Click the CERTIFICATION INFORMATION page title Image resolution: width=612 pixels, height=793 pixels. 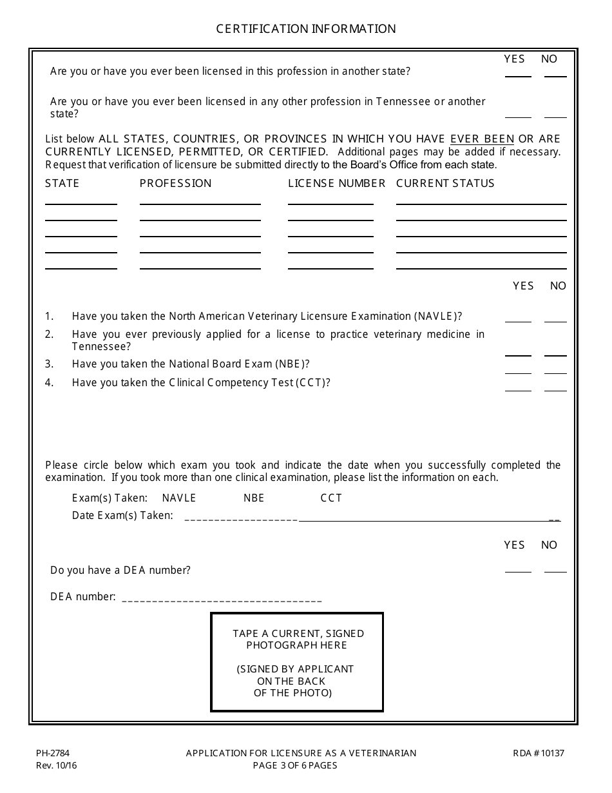point(305,29)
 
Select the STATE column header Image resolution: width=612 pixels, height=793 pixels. point(62,183)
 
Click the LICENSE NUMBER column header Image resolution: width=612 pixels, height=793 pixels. point(336,183)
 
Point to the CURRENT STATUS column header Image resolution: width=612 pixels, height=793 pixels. point(445,183)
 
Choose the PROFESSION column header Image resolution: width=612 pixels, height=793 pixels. point(175,183)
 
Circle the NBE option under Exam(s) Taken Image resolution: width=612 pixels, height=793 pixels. point(254,498)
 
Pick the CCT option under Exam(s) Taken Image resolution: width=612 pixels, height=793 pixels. point(331,498)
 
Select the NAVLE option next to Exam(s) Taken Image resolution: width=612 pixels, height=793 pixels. point(179,498)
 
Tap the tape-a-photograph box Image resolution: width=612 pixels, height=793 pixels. point(297,662)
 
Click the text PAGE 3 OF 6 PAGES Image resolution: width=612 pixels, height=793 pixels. point(295,765)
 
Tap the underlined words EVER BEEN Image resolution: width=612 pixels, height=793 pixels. point(482,139)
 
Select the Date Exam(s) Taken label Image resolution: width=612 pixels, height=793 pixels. point(122,515)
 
